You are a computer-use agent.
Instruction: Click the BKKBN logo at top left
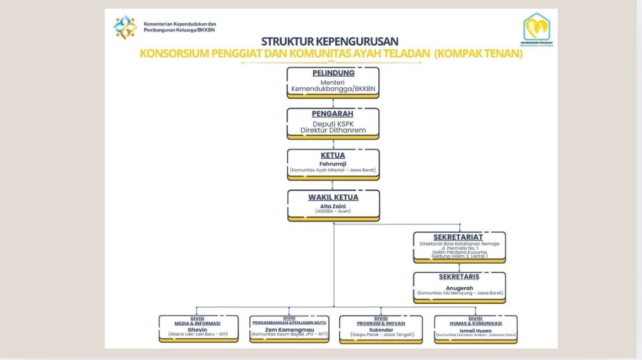point(125,27)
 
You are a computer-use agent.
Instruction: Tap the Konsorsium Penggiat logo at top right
point(540,28)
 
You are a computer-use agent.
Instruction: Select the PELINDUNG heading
point(333,73)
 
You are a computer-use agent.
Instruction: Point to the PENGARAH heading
point(333,114)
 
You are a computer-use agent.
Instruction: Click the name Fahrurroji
point(333,164)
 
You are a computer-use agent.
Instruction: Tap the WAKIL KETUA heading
point(333,197)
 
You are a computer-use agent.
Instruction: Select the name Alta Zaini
point(333,206)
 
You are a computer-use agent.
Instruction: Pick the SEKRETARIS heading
point(459,276)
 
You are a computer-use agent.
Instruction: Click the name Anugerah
point(459,288)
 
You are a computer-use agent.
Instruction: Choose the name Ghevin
point(198,330)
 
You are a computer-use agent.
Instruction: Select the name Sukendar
point(381,330)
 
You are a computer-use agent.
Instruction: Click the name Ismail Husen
point(476,330)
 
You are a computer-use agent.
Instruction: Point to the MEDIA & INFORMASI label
point(198,323)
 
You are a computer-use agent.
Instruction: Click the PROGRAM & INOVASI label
point(381,323)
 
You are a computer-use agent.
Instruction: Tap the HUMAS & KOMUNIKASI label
point(476,323)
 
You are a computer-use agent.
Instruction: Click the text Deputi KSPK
point(333,123)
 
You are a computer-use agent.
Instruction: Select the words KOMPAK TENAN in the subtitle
point(479,54)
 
